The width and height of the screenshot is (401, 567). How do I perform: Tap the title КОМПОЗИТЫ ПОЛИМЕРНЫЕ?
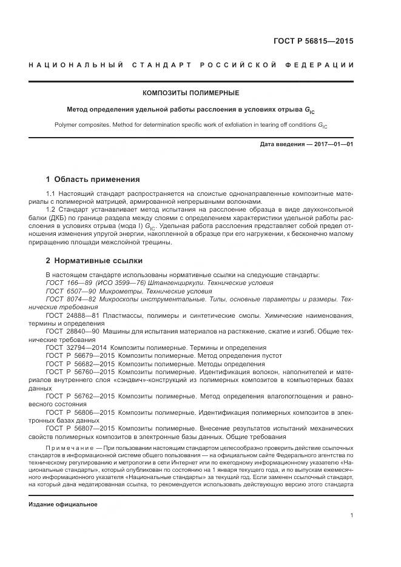click(x=190, y=93)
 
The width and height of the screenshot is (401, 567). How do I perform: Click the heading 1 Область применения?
click(x=93, y=179)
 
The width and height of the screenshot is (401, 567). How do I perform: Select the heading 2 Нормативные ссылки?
click(x=94, y=261)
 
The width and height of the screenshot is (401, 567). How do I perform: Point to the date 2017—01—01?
click(x=333, y=144)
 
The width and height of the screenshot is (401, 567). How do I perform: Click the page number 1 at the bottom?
click(x=352, y=515)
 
